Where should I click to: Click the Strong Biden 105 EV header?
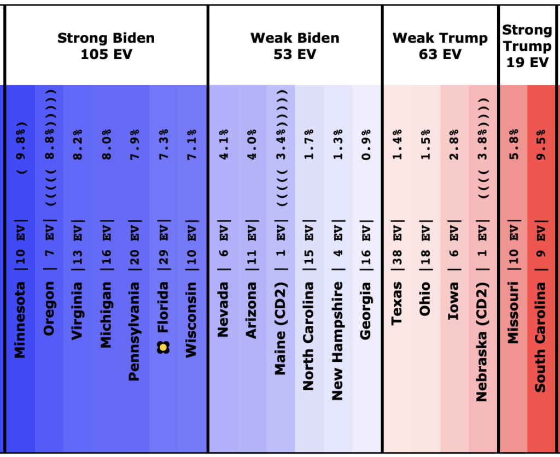pyautogui.click(x=106, y=46)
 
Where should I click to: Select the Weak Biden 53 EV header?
pyautogui.click(x=295, y=46)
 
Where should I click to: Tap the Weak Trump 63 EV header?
pyautogui.click(x=440, y=46)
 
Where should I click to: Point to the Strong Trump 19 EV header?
pyautogui.click(x=527, y=46)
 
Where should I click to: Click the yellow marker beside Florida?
pyautogui.click(x=163, y=346)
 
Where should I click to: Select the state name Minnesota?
pyautogui.click(x=20, y=320)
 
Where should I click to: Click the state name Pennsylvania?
pyautogui.click(x=134, y=331)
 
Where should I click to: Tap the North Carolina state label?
pyautogui.click(x=308, y=336)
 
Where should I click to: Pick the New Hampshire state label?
pyautogui.click(x=337, y=341)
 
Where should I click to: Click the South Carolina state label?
pyautogui.click(x=540, y=337)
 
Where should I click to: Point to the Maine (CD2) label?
pyautogui.click(x=280, y=328)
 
